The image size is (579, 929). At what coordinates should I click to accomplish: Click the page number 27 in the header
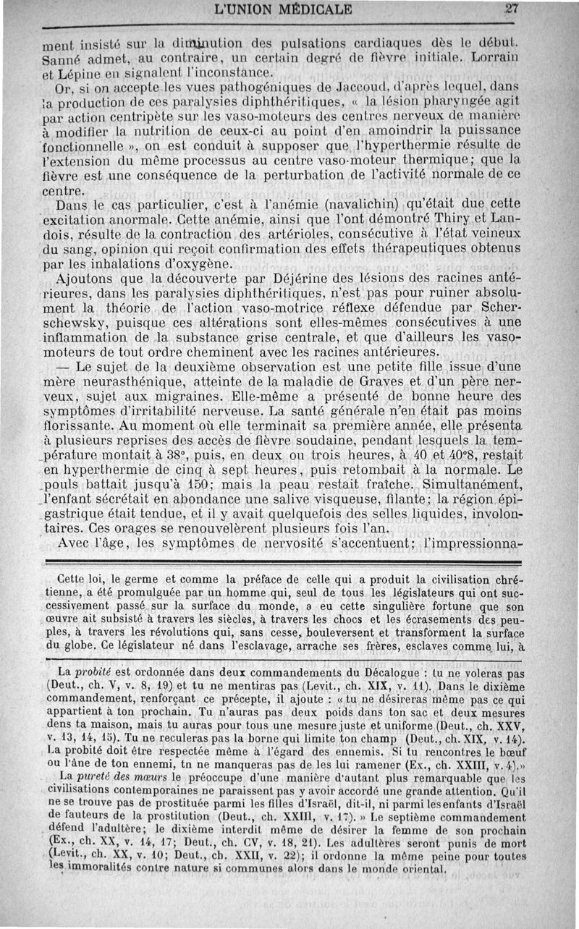[512, 9]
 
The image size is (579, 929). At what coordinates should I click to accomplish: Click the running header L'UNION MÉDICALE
[283, 10]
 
